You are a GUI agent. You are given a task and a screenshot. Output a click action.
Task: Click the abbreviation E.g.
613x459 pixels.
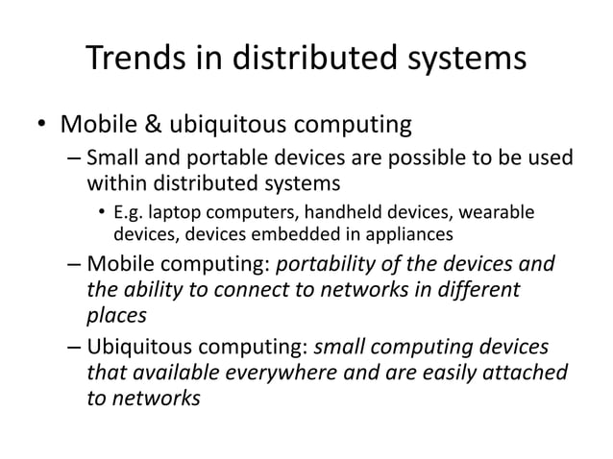coord(130,211)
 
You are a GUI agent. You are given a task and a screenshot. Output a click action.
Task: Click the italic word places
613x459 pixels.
coord(115,314)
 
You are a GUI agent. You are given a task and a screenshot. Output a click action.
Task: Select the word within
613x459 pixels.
coord(115,181)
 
